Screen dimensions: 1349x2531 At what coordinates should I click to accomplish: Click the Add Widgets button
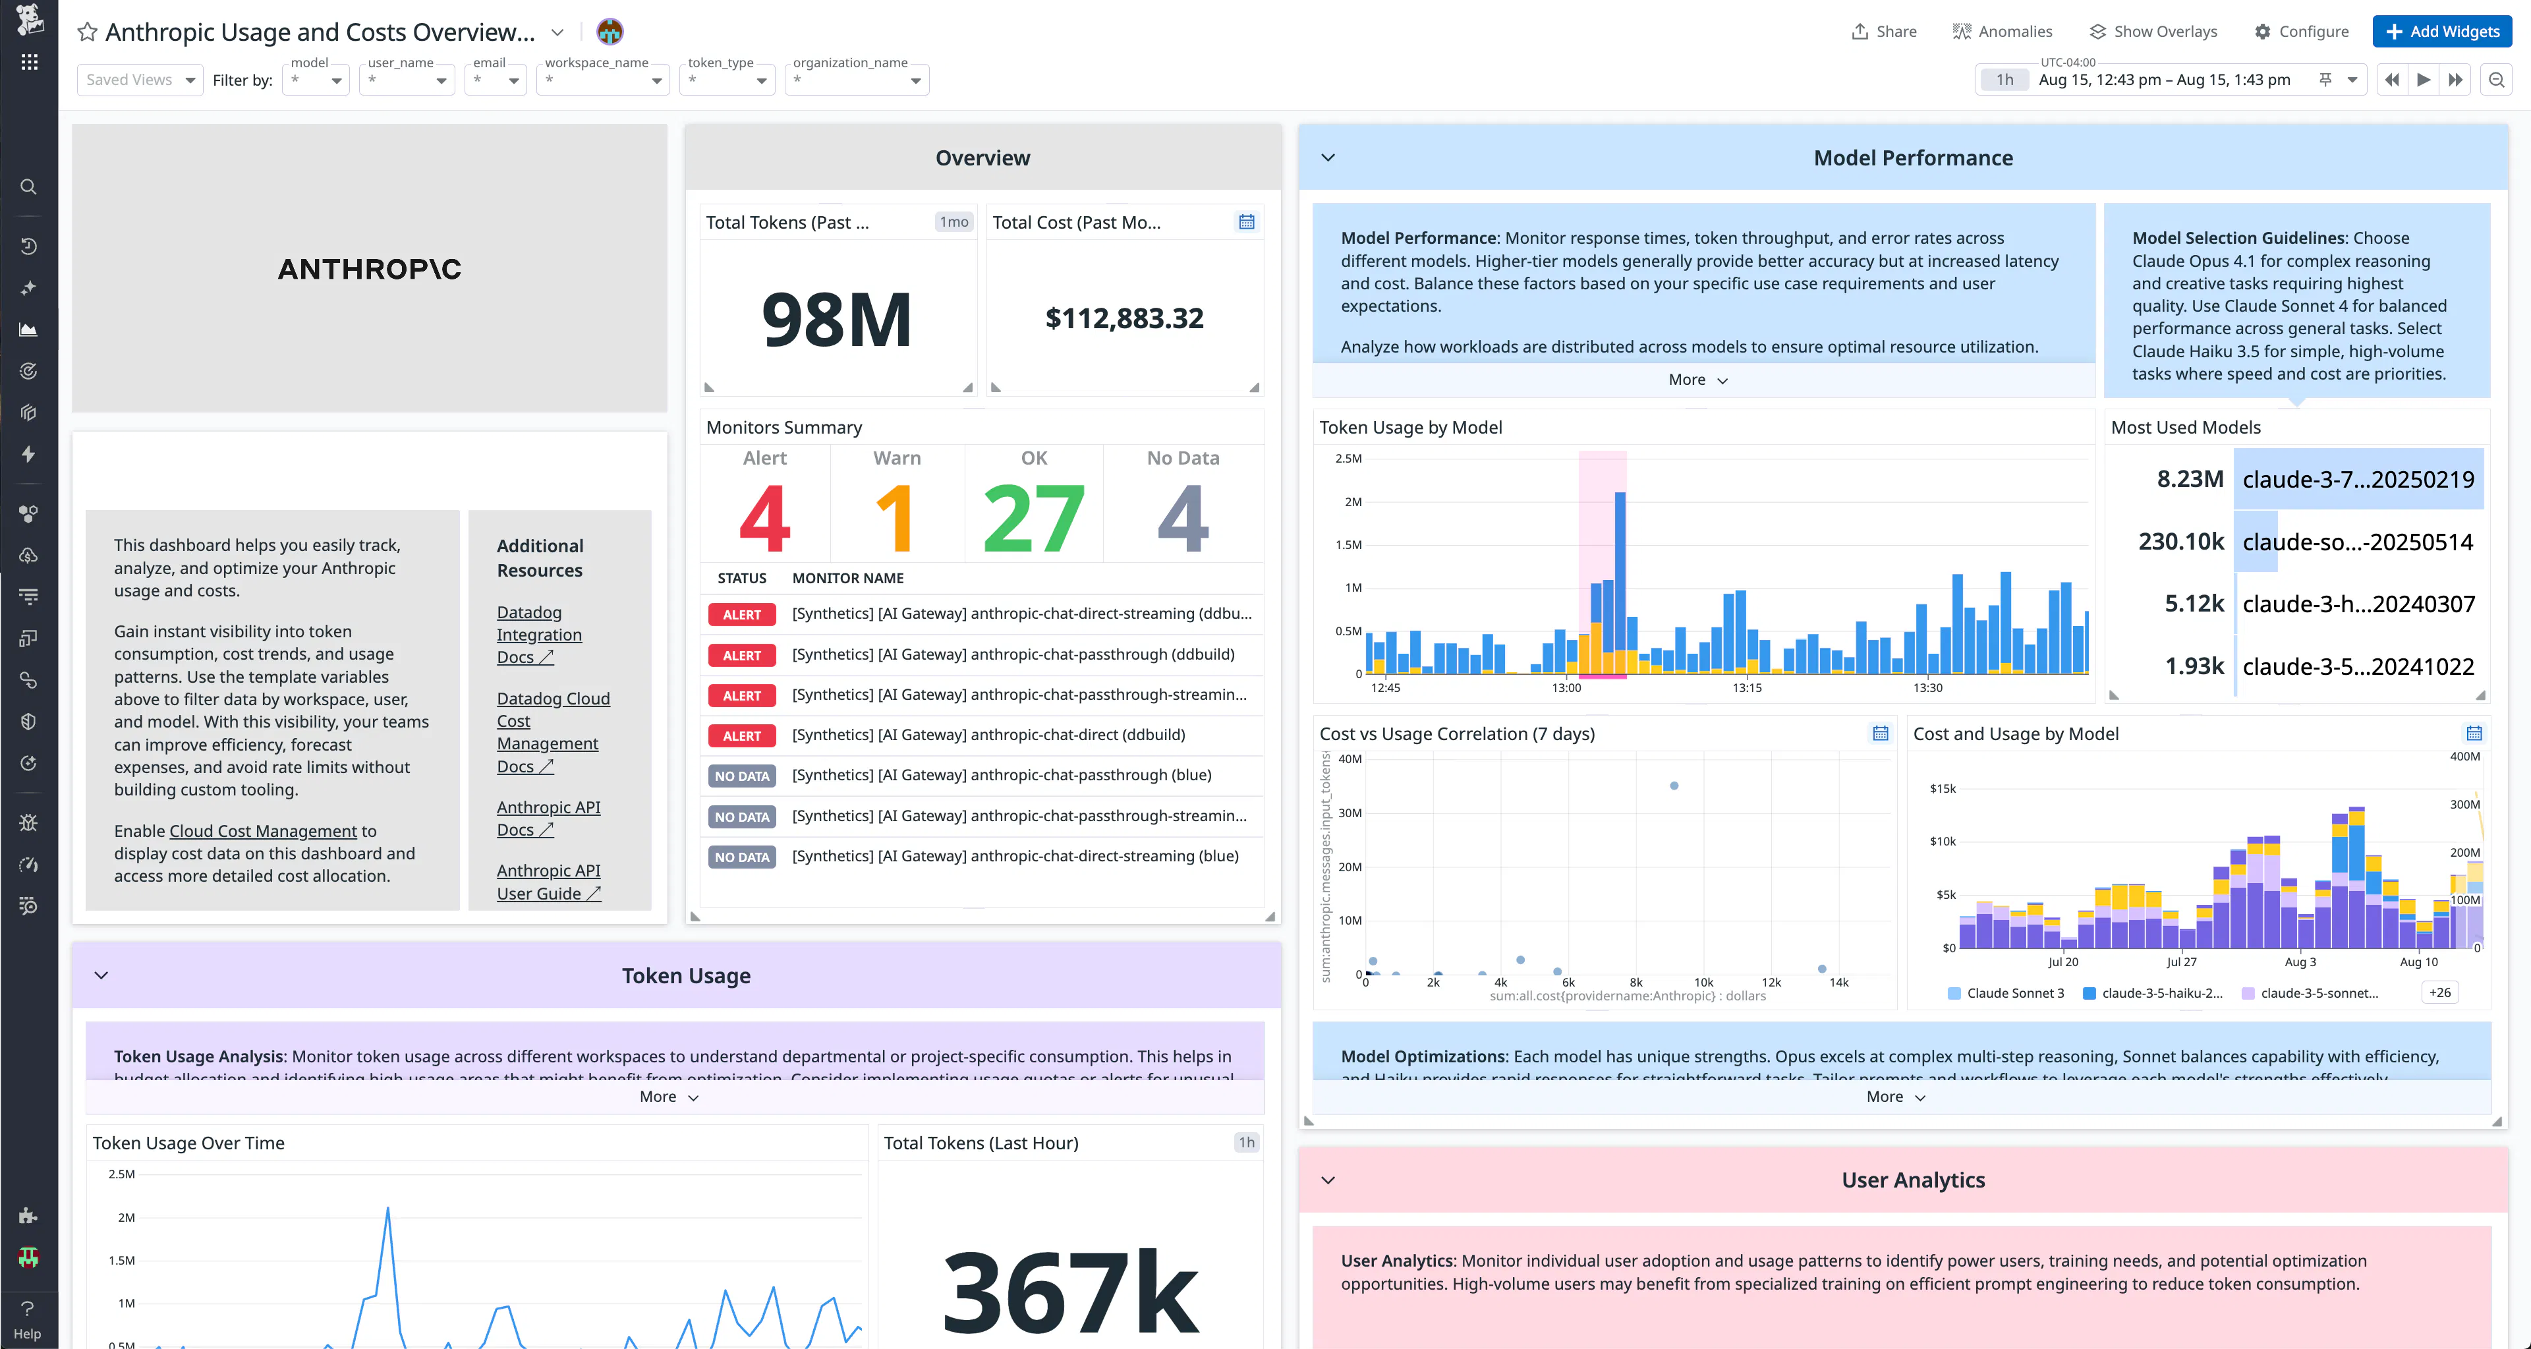[x=2441, y=32]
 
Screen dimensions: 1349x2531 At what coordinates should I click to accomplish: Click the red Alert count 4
[x=764, y=518]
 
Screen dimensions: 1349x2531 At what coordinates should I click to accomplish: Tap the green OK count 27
[x=1034, y=518]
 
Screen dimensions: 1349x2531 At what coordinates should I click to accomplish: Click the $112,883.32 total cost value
[x=1124, y=318]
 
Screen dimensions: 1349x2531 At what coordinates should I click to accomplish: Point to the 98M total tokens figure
[x=837, y=320]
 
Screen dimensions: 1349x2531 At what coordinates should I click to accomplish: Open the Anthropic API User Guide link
[x=548, y=881]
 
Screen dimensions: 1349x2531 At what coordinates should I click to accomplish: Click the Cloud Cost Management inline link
[x=264, y=831]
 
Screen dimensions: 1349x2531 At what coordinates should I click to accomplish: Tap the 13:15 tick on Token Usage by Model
[x=1747, y=688]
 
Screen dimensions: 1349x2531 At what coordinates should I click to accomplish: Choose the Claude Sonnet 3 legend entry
[x=2014, y=992]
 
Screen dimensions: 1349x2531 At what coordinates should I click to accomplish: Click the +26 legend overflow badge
[x=2439, y=992]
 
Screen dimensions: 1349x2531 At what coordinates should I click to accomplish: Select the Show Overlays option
[x=2153, y=32]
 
